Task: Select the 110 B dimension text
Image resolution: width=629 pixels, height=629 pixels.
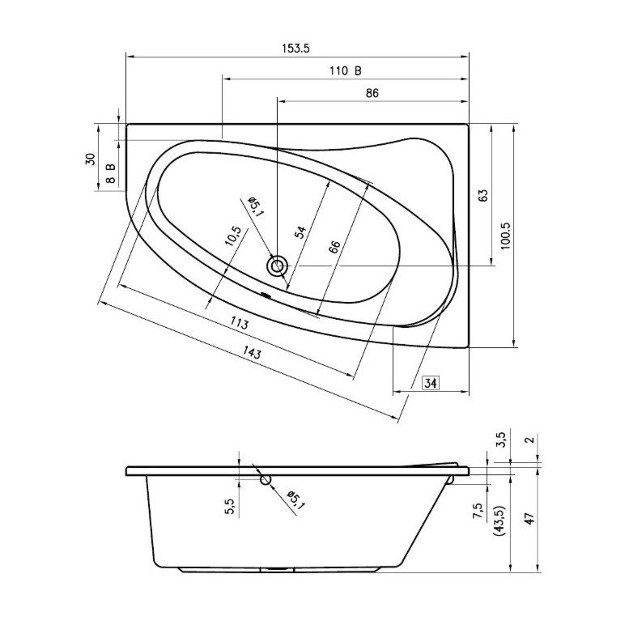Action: point(346,71)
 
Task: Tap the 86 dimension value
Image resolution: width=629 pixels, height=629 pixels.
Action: point(372,93)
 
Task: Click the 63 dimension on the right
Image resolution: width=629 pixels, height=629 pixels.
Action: point(483,195)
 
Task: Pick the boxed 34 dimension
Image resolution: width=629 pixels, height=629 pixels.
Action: point(431,383)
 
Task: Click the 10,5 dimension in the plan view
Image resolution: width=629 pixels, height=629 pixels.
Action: point(233,236)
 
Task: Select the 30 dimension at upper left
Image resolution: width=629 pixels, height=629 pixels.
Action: point(91,159)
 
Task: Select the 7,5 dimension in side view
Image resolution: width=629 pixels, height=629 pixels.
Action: point(478,512)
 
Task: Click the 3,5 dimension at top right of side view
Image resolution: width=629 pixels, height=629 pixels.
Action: point(501,440)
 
